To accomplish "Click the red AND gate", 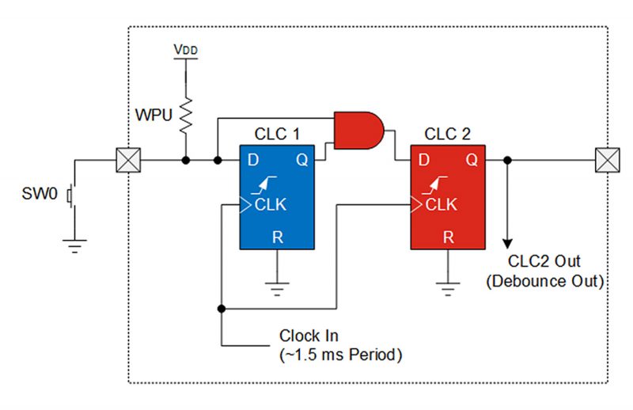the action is coord(358,131).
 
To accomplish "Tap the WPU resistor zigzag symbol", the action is coord(186,116).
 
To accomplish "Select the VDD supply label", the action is coord(186,50).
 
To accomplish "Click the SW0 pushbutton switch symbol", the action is coord(71,196).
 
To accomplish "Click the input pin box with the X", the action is coord(128,160).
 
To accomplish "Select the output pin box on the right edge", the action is coord(607,160).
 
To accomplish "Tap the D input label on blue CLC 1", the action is coord(253,160).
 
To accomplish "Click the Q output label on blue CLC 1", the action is coord(302,161).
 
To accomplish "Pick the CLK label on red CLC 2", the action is coord(441,205).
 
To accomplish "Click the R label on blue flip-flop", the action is coord(278,237).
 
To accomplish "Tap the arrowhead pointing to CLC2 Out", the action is coord(507,244).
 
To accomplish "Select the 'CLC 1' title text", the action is coord(277,134).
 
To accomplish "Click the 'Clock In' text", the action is coord(309,336).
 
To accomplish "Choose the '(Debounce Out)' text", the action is coord(545,281).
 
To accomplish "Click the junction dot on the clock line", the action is coord(222,309).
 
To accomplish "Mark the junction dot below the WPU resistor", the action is coord(186,161).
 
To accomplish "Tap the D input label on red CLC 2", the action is coord(424,160).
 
